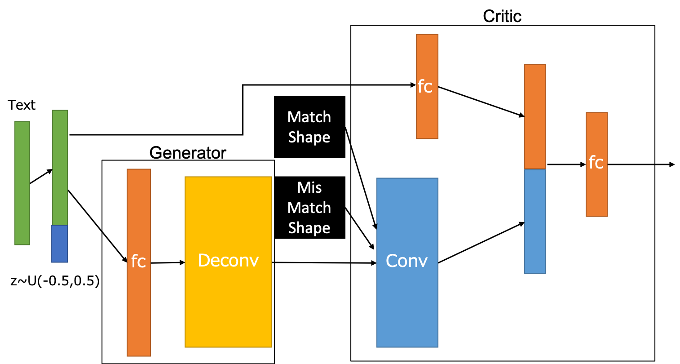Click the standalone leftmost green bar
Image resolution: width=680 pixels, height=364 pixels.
pos(22,183)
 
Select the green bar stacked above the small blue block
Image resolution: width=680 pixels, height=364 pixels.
pos(60,167)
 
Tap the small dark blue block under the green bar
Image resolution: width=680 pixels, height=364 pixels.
pos(60,244)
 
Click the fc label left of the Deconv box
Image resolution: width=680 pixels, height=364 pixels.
pos(138,261)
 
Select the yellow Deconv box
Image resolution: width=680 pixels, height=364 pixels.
pos(228,306)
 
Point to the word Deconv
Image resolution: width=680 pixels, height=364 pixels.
pos(228,261)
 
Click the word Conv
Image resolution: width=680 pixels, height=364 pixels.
pos(406,261)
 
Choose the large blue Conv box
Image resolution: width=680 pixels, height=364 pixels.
pos(407,306)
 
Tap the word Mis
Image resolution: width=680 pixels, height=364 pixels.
pos(309,187)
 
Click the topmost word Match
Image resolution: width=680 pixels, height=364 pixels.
pos(309,117)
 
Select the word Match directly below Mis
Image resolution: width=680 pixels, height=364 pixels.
pos(309,208)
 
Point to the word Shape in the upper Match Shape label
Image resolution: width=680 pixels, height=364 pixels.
pos(309,137)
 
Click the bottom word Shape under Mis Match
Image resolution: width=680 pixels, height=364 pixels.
pos(309,228)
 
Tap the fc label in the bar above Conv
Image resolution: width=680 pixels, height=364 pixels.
pos(425,86)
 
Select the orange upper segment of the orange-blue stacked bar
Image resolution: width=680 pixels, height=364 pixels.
pos(535,116)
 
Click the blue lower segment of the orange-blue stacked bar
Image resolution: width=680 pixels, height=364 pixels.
pos(535,221)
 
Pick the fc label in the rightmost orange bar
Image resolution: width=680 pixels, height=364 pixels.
pos(596,162)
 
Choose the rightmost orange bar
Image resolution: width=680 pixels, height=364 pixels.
pos(597,193)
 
